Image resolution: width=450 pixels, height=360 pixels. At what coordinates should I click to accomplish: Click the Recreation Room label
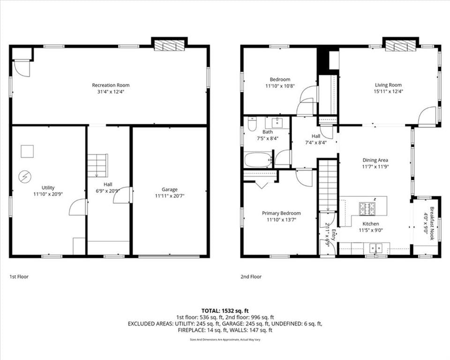tap(111, 85)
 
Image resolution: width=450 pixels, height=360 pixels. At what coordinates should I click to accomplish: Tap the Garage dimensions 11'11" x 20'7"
tap(170, 196)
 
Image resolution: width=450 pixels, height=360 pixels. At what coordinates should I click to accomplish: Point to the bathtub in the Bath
tap(258, 160)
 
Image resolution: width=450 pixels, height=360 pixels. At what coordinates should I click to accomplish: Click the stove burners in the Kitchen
tap(367, 209)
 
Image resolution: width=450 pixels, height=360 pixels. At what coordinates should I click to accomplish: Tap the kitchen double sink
tap(376, 247)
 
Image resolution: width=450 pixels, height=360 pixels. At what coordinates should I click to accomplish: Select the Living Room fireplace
tap(400, 45)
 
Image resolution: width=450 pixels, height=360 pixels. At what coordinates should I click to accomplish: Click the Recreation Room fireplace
tap(169, 45)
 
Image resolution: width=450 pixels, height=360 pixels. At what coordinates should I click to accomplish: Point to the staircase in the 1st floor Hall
tap(97, 165)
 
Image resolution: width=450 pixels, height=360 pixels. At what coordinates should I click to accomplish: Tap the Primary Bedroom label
tap(281, 213)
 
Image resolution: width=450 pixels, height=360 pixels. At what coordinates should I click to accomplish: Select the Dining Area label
tap(375, 160)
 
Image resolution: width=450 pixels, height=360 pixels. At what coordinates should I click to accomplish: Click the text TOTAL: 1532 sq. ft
tap(225, 311)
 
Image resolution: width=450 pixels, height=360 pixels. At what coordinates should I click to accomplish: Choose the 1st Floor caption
tap(19, 277)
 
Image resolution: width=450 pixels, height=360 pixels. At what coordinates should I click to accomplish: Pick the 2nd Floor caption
tap(251, 277)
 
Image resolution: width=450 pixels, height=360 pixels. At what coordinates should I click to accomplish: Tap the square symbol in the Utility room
tap(27, 151)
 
